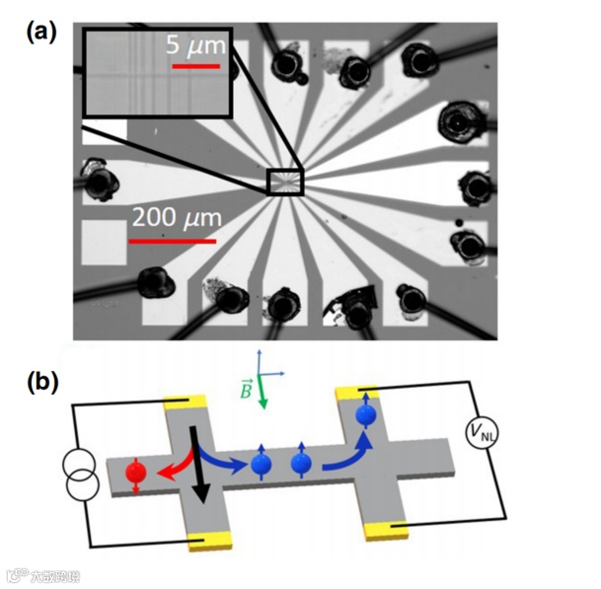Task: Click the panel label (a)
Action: [41, 33]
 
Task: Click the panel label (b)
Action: [41, 381]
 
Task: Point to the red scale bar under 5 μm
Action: [196, 67]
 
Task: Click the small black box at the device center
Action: [285, 183]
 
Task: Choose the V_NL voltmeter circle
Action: [480, 431]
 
